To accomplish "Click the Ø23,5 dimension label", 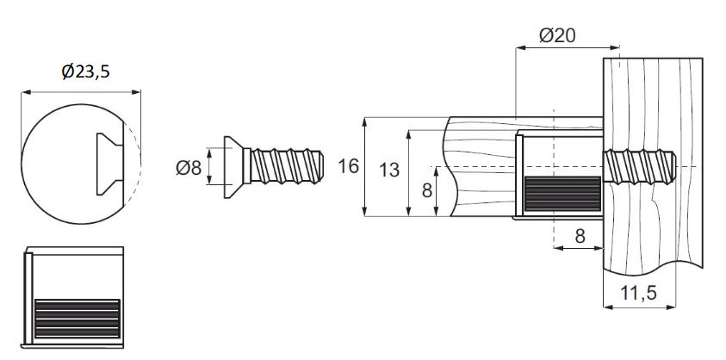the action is click(85, 71).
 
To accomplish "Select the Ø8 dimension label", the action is click(189, 167).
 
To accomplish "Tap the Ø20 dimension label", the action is click(557, 35).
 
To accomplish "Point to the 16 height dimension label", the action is click(348, 166).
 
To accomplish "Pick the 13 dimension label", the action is click(389, 170).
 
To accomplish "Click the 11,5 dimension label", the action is click(639, 293).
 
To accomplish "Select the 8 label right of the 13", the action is click(427, 190).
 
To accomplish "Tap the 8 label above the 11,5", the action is click(580, 236).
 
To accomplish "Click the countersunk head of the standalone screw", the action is click(234, 167).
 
